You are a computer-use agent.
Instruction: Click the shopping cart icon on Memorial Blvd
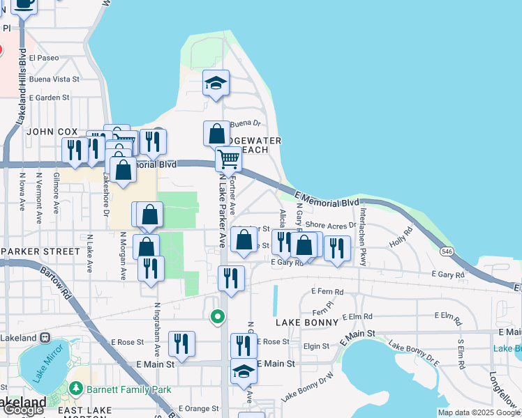point(228,160)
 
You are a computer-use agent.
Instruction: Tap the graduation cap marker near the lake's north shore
point(216,84)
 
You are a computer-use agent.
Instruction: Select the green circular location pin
point(218,317)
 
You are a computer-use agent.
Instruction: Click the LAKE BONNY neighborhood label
point(306,323)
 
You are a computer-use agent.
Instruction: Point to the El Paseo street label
point(45,57)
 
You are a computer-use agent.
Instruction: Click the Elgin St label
point(316,346)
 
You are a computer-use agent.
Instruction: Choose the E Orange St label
point(199,408)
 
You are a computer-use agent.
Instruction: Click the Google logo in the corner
point(23,410)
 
